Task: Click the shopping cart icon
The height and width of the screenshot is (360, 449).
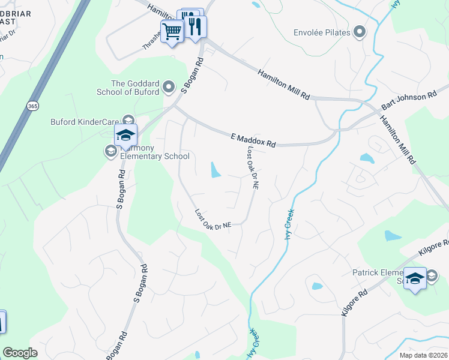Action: pos(172,31)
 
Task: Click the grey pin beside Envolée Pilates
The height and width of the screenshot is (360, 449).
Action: pos(360,32)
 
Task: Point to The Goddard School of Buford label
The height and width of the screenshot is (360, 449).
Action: pos(128,88)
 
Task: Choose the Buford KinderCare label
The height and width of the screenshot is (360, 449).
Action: pos(84,122)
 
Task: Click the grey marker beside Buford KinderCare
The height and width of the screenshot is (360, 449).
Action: pos(127,120)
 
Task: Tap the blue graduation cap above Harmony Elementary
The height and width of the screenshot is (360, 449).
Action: pos(125,135)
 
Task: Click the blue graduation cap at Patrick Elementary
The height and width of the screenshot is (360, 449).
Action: pos(414,278)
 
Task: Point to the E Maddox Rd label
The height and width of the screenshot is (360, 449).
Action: pos(253,140)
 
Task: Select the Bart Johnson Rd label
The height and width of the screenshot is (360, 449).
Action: pos(408,100)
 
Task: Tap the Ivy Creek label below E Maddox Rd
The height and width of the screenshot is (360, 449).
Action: pos(288,223)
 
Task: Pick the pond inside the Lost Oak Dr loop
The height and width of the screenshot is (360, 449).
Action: pos(215,170)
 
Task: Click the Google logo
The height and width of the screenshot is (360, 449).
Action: pos(20,353)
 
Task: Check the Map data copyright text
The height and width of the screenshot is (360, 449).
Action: pos(424,355)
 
